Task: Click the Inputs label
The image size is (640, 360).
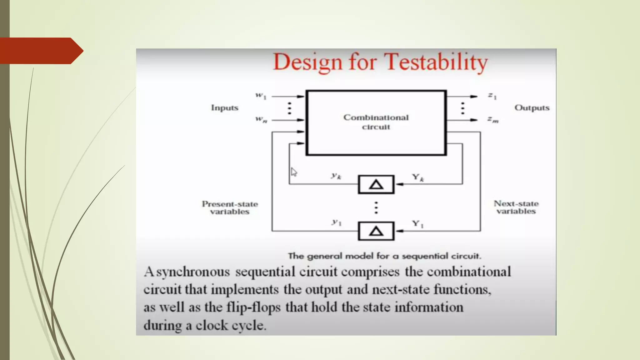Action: tap(225, 108)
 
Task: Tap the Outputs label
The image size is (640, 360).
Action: tap(532, 108)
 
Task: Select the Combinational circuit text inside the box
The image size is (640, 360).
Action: tap(376, 122)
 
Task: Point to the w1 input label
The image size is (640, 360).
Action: tap(261, 96)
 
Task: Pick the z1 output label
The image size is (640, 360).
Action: tap(492, 96)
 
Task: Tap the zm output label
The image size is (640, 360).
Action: tap(493, 120)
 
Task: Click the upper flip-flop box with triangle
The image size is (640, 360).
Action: tap(376, 185)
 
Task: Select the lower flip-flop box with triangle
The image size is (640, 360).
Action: tap(376, 231)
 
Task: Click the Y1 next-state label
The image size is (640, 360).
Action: tap(417, 224)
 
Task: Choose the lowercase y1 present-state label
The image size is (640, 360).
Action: tap(337, 222)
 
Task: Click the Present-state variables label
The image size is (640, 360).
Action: tap(230, 208)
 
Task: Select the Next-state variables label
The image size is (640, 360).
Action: tap(516, 207)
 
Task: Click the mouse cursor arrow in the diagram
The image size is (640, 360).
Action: tap(294, 172)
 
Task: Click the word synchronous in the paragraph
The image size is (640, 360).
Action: tap(193, 272)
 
